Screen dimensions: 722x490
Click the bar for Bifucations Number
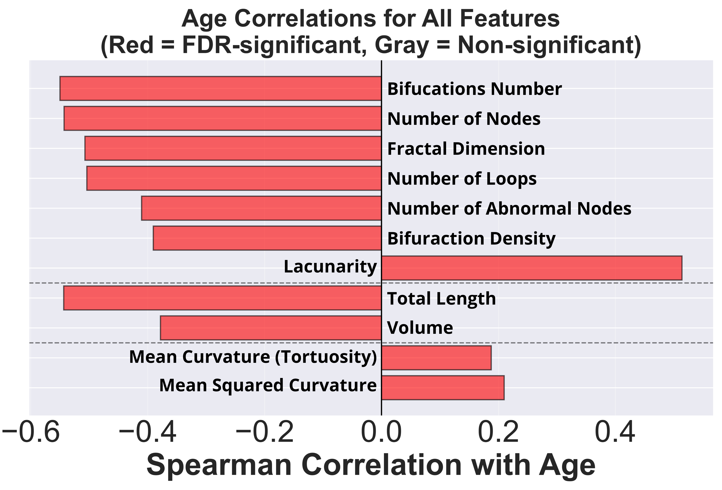click(x=220, y=88)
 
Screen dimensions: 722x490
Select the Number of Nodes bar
click(x=223, y=118)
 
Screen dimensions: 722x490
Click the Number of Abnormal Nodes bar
click(x=261, y=208)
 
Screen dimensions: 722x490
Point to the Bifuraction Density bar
click(x=267, y=238)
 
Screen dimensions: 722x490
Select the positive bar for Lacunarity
click(x=532, y=268)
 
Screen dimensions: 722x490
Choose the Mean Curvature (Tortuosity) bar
click(x=436, y=358)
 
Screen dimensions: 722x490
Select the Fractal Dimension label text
click(x=466, y=149)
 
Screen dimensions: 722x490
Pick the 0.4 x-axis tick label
click(x=615, y=433)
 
